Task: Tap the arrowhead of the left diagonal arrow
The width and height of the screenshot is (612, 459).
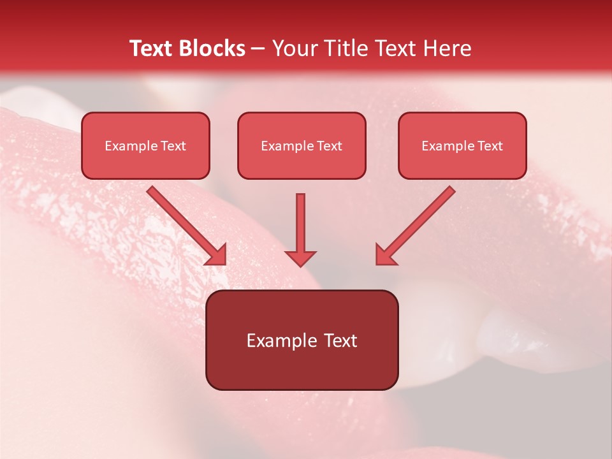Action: click(217, 254)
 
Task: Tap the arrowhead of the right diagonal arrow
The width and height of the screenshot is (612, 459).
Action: click(385, 254)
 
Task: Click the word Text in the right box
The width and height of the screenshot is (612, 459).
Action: click(490, 145)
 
